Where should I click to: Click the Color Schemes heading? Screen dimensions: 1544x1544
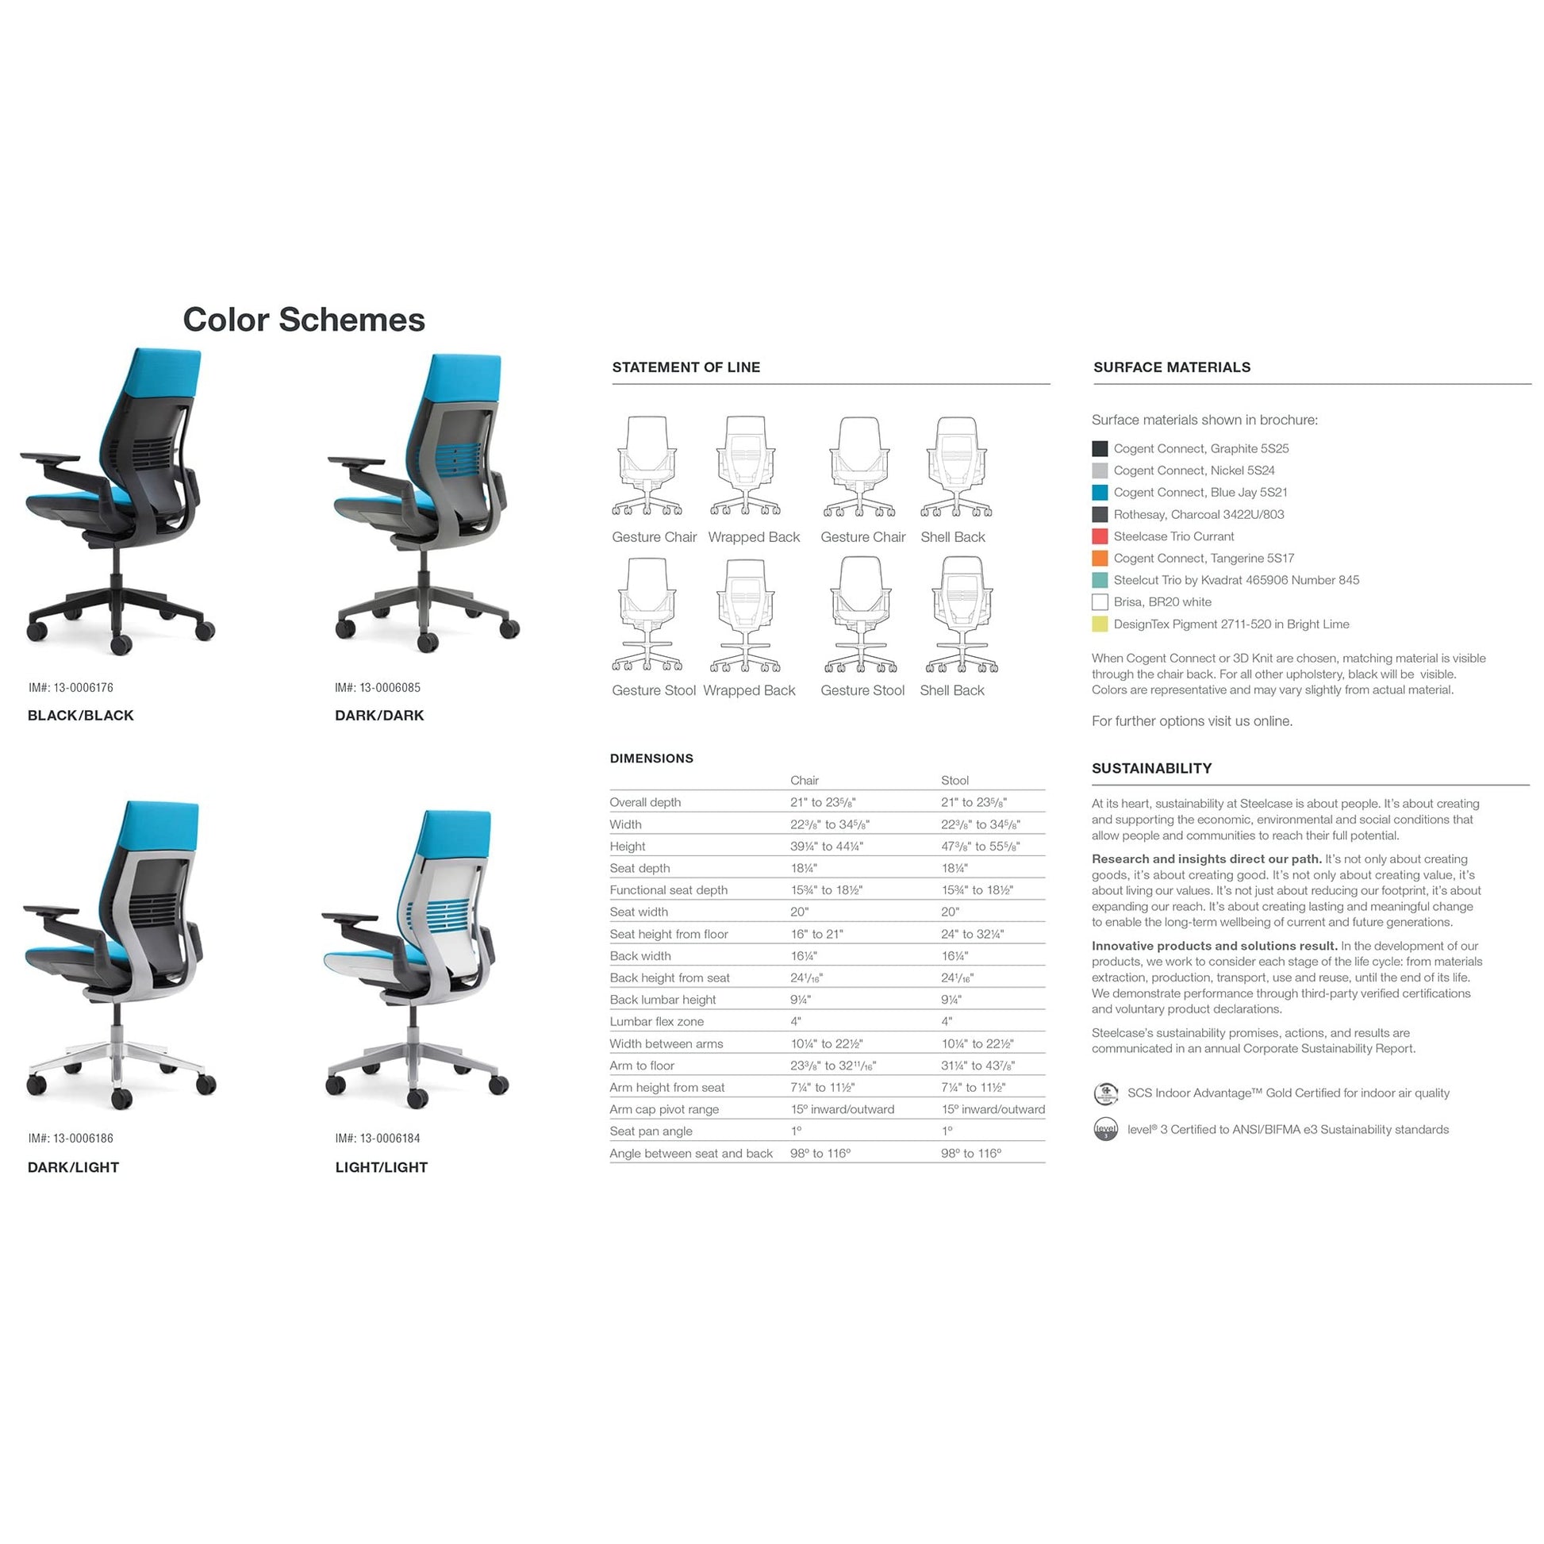304,320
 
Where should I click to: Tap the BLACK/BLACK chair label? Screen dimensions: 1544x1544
81,715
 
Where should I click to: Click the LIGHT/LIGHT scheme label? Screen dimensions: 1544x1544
381,1167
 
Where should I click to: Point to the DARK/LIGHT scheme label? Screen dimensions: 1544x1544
74,1167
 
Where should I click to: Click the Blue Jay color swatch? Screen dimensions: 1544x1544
1100,492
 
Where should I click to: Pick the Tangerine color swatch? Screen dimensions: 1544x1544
1100,558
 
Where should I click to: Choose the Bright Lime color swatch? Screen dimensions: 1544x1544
1100,624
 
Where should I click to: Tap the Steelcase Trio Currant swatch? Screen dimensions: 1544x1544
1100,536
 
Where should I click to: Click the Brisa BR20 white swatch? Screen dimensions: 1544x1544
1100,601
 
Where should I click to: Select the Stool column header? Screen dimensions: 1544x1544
954,780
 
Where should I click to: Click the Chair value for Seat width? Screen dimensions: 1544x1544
799,912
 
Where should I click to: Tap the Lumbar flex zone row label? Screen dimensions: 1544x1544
657,1021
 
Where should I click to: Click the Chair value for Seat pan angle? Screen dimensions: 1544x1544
796,1131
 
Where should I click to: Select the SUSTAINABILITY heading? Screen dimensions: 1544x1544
1151,768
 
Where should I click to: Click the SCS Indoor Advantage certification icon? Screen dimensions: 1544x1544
1105,1093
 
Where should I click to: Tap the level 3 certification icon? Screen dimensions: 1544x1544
1105,1129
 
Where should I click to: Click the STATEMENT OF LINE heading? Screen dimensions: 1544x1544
686,367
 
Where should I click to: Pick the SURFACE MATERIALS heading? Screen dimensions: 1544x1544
1172,367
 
